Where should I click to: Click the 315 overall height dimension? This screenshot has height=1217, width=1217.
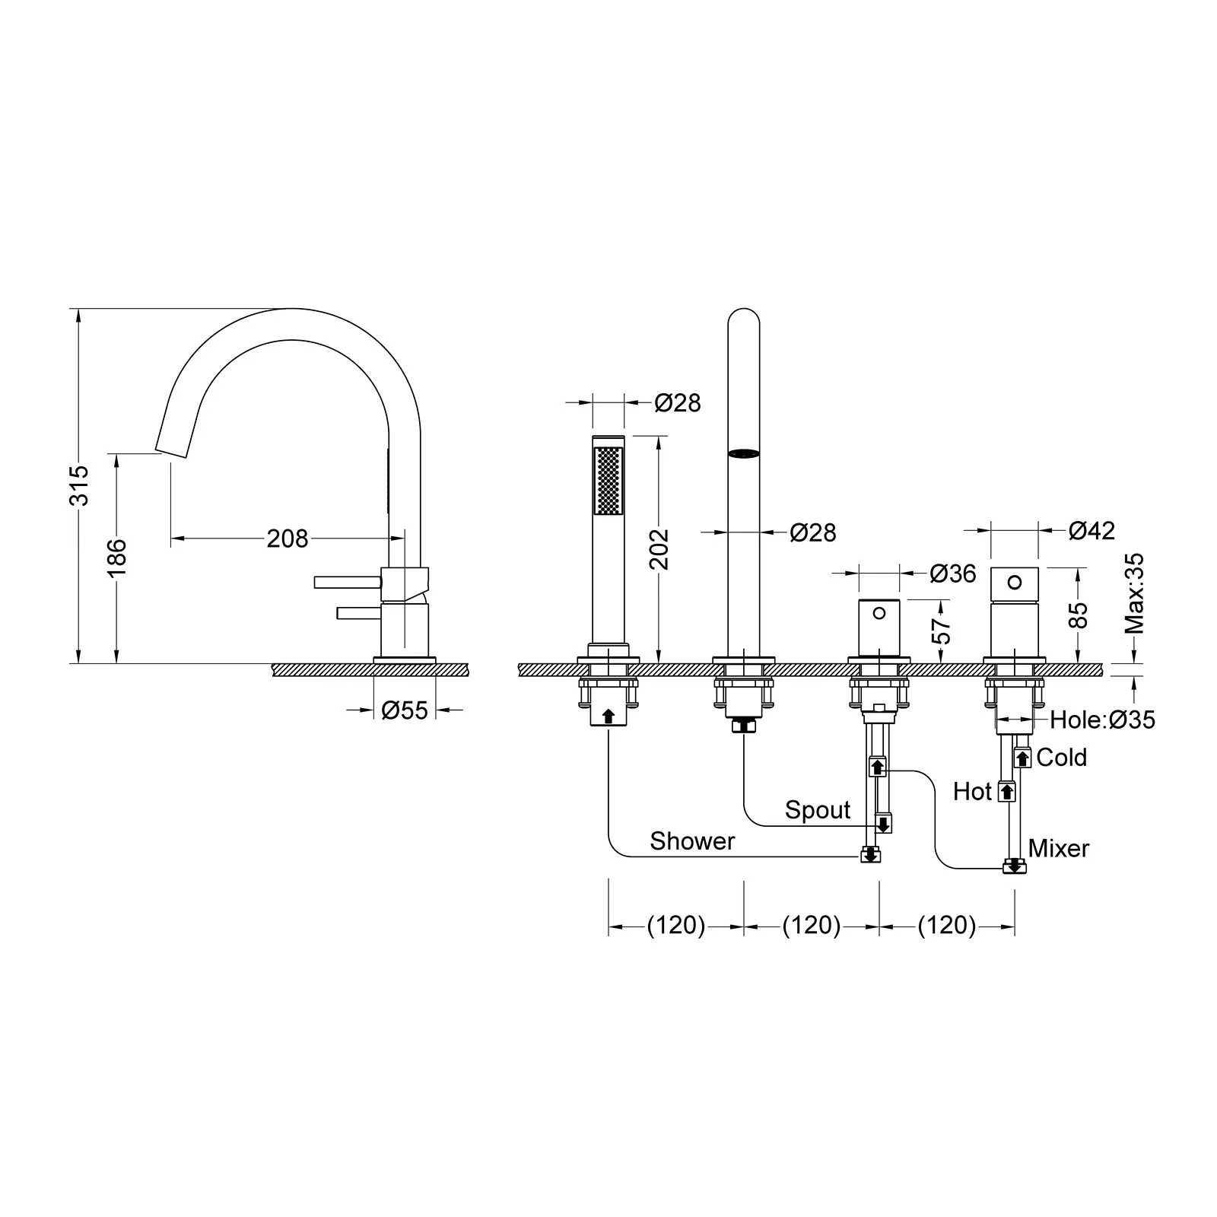pos(80,485)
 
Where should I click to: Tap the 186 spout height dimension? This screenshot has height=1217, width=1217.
pos(116,558)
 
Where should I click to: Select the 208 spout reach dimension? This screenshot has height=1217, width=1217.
pos(288,539)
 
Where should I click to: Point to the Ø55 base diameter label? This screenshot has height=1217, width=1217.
pos(405,710)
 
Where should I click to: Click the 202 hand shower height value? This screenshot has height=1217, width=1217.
pos(659,549)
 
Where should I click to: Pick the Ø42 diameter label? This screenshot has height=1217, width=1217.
pos(1091,530)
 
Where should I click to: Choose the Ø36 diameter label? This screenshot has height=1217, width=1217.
pos(952,574)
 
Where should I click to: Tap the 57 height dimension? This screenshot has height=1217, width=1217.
pos(941,631)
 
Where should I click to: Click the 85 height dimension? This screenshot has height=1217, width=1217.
pos(1078,615)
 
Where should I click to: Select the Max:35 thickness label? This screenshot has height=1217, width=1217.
pos(1134,593)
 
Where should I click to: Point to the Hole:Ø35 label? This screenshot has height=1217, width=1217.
pos(1102,720)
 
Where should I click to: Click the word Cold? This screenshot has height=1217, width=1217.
pos(1061,758)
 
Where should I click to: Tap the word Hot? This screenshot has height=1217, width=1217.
pos(972,792)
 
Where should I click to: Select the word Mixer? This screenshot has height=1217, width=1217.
pos(1058,848)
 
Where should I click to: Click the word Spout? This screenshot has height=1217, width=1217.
pos(818,811)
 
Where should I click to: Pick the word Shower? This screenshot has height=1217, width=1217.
pos(692,841)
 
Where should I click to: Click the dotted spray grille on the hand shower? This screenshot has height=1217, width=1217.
pos(608,481)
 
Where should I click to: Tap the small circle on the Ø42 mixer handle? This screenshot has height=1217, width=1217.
pos(1015,582)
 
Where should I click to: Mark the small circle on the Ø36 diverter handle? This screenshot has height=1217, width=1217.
pos(879,613)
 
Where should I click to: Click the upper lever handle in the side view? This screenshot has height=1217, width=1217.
pos(348,582)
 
